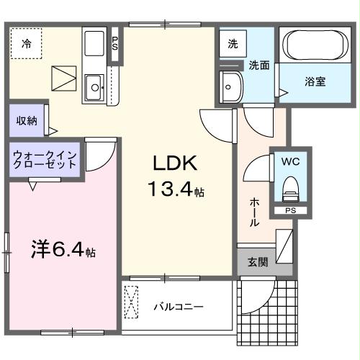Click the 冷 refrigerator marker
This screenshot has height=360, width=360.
click(x=26, y=43)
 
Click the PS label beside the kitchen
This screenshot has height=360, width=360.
click(x=115, y=43)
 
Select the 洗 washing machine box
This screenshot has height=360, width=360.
click(x=233, y=43)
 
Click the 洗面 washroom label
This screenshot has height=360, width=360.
click(x=259, y=65)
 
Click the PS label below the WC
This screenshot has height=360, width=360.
click(x=291, y=211)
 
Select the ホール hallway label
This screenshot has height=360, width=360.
click(x=255, y=213)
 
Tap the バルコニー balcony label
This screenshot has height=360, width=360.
click(x=178, y=307)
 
